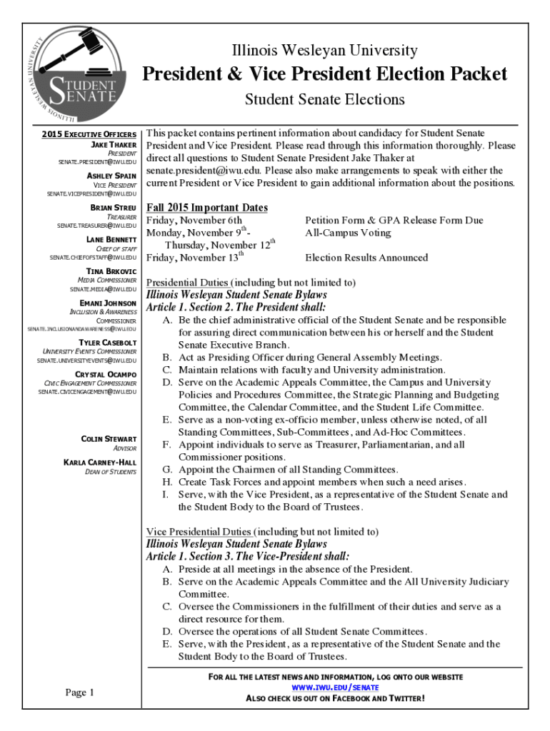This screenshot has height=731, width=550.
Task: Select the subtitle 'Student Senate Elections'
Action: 325,99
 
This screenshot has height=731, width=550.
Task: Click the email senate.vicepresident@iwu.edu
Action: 91,193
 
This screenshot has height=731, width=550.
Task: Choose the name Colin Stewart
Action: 109,438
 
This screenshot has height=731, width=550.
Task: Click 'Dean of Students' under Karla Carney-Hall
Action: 111,472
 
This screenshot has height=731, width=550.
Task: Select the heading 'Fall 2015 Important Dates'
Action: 207,208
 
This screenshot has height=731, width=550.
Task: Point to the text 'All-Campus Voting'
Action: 348,233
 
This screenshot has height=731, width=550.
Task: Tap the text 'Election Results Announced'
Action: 366,258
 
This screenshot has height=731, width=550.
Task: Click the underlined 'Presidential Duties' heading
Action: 188,282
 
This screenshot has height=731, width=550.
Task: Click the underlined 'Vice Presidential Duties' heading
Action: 199,531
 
